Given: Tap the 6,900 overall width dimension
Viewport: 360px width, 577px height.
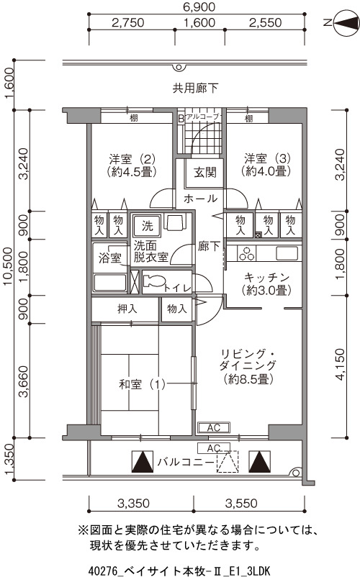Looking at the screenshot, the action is tap(199, 6).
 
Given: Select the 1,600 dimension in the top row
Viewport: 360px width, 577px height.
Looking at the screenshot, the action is tap(199, 23).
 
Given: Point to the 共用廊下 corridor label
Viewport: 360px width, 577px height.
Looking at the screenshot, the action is tap(195, 88).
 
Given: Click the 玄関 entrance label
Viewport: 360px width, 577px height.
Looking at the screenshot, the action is tap(205, 172).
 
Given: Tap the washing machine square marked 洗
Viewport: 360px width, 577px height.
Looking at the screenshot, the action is tap(147, 226).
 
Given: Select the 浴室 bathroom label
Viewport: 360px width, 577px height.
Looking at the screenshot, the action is tap(110, 258).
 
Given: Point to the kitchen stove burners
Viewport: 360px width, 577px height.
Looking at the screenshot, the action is tap(246, 253).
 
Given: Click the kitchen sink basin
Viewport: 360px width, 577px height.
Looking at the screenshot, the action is tap(287, 253).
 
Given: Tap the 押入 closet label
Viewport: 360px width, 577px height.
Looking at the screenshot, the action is tap(127, 309).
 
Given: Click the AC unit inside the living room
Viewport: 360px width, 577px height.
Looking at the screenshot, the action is tap(214, 427).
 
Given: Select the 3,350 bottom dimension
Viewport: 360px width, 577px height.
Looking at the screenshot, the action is tap(133, 504).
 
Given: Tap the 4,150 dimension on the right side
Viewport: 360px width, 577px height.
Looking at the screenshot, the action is tap(340, 364).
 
